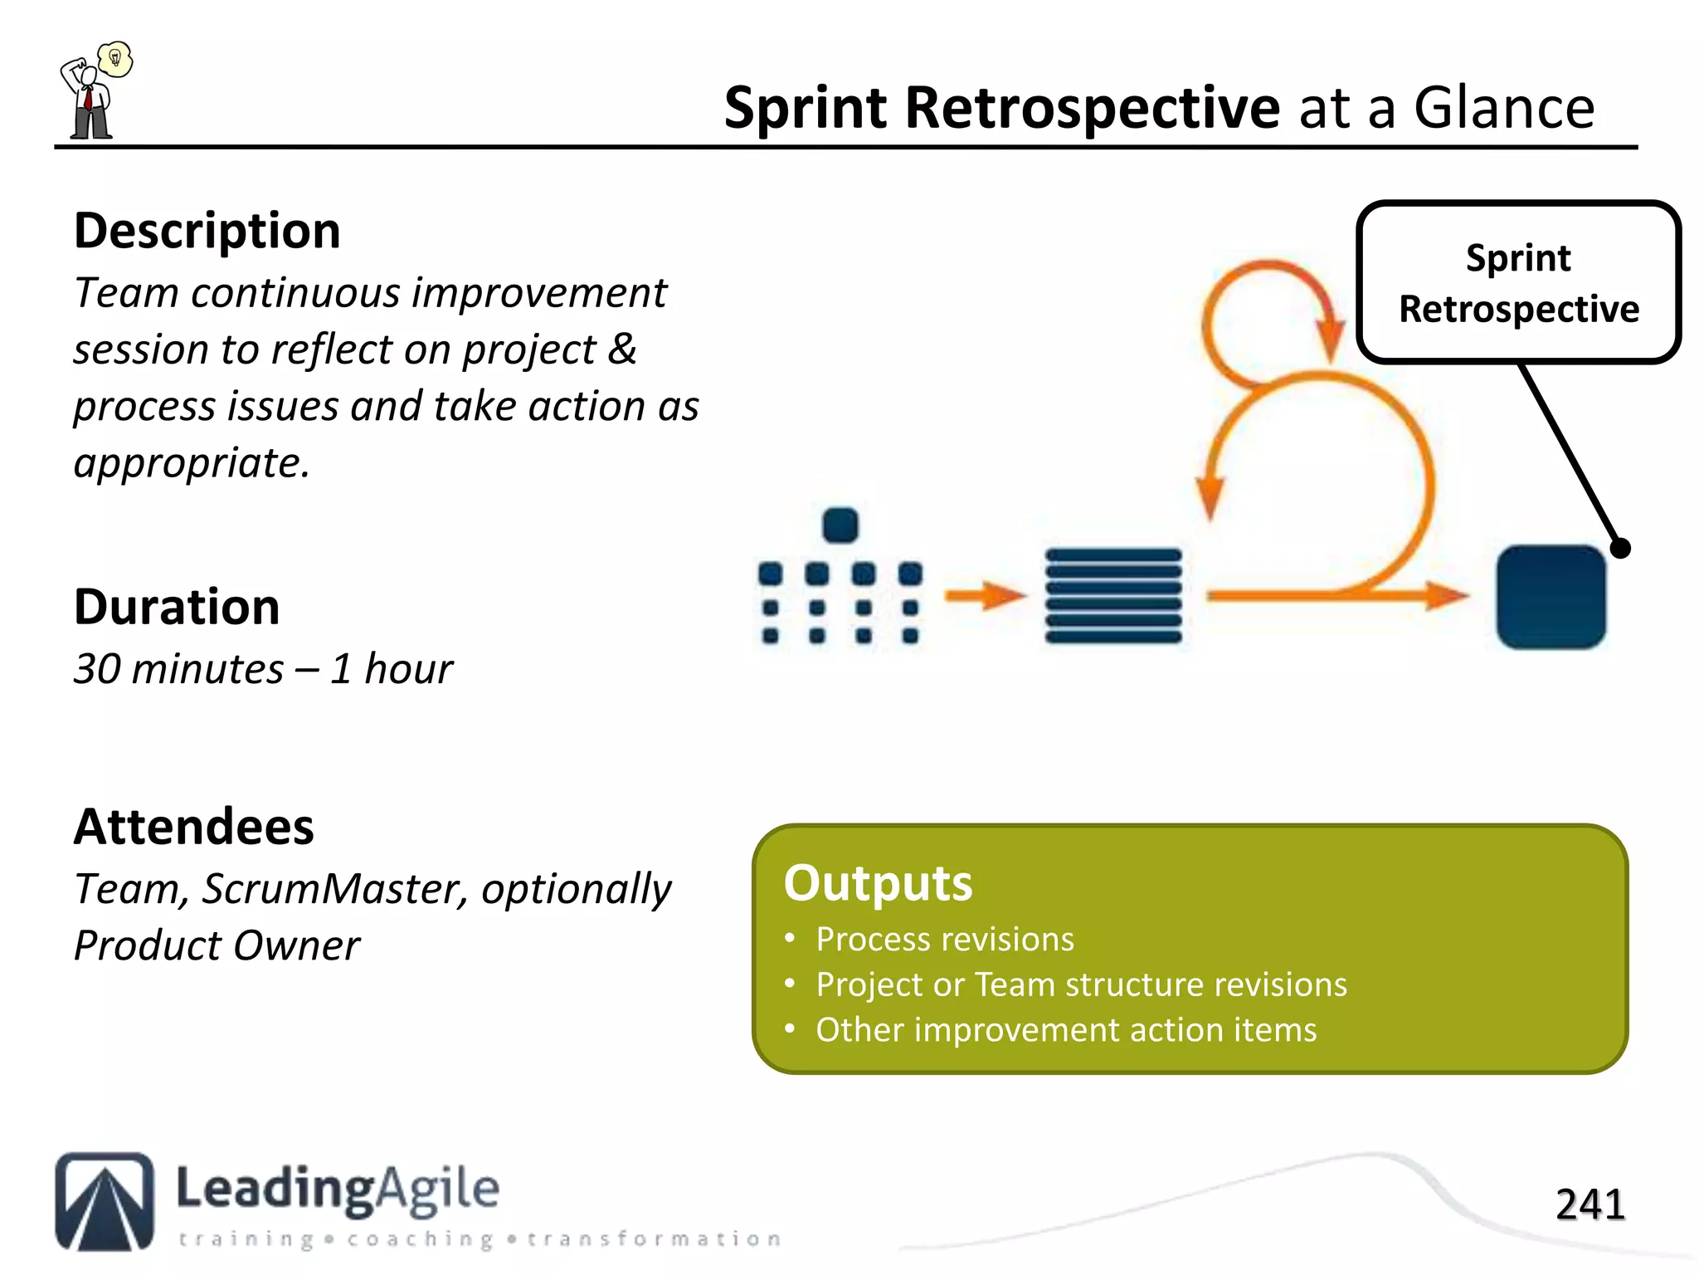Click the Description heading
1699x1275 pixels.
(x=207, y=231)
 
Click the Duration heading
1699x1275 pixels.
(x=177, y=607)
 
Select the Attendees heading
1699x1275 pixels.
(x=194, y=827)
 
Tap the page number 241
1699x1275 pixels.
(x=1589, y=1204)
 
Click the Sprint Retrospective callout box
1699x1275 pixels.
(x=1518, y=282)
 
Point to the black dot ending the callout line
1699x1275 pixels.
(x=1620, y=549)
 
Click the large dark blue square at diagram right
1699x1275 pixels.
(x=1551, y=596)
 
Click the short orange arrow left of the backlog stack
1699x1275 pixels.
(x=985, y=595)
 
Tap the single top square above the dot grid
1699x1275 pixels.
(x=840, y=525)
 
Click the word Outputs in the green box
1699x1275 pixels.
(x=878, y=882)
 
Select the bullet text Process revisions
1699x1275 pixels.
(x=945, y=939)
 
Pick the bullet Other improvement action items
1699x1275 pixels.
(x=1066, y=1029)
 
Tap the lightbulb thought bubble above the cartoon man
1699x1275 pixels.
(x=115, y=59)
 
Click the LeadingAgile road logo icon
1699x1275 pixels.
(x=105, y=1200)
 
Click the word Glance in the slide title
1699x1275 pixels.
(x=1503, y=108)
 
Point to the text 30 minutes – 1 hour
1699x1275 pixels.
(x=263, y=669)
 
